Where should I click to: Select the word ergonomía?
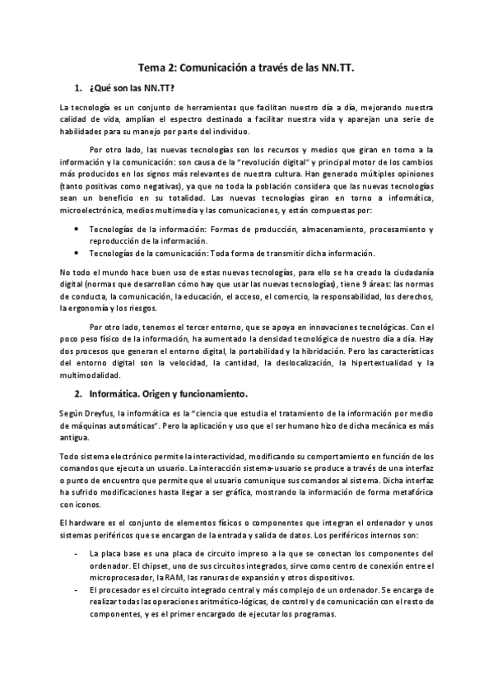[x=95, y=308]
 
